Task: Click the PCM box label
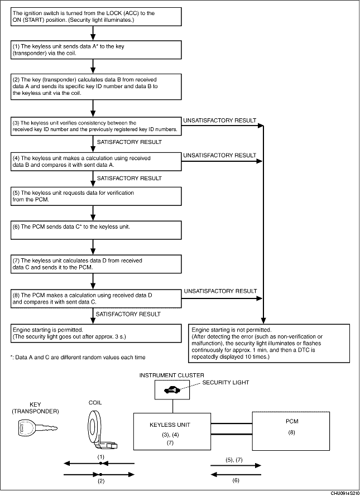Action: (291, 422)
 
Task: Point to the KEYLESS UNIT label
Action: (172, 425)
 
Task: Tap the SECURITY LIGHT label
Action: (226, 383)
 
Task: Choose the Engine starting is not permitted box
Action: (270, 343)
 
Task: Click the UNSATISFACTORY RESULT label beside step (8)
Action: (220, 291)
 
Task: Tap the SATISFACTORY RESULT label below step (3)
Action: (129, 142)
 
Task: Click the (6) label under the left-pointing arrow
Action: (235, 480)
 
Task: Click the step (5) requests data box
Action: (97, 196)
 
